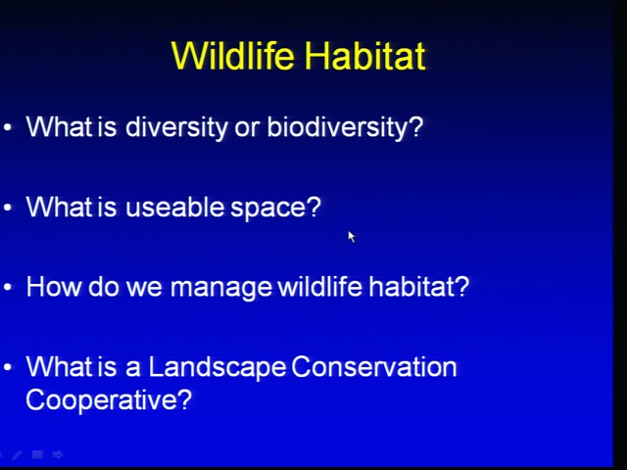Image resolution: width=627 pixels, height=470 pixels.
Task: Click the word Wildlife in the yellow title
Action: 232,55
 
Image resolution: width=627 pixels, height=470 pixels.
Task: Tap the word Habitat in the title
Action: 364,55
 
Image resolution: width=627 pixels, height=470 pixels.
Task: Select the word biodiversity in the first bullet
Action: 345,128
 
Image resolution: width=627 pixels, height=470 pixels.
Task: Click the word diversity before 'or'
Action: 176,128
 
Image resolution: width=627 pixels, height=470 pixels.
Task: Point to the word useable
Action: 174,207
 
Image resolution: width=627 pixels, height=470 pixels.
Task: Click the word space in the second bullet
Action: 276,209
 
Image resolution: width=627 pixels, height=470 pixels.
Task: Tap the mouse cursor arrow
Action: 352,237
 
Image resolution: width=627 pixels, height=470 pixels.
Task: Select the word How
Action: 53,287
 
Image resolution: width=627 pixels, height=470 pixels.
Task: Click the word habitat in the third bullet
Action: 418,286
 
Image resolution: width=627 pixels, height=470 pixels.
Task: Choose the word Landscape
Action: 217,368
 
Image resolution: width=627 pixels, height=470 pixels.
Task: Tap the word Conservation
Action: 374,366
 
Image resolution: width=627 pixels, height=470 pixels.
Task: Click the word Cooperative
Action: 109,399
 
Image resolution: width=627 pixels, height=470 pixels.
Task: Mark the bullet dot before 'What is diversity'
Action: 8,128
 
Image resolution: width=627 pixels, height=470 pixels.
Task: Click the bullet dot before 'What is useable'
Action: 8,208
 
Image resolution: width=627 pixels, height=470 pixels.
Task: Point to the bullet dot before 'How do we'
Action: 8,287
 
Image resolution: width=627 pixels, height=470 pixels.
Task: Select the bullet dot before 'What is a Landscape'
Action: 8,367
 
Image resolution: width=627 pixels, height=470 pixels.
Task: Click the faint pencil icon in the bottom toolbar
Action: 17,454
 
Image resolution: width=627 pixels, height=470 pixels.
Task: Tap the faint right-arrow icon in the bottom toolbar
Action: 58,454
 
